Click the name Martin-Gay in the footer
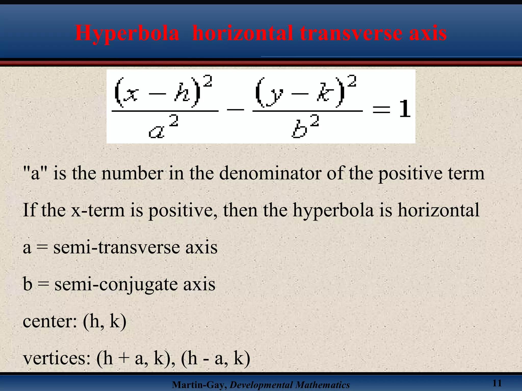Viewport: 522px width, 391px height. tap(199, 385)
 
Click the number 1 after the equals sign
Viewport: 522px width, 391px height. tap(405, 109)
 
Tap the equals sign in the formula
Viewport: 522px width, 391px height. tap(381, 110)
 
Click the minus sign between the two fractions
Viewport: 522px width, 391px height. tap(236, 110)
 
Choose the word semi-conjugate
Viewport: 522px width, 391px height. tap(116, 284)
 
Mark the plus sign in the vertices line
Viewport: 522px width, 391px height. tap(124, 359)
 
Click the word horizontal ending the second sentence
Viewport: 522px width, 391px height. tap(438, 210)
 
